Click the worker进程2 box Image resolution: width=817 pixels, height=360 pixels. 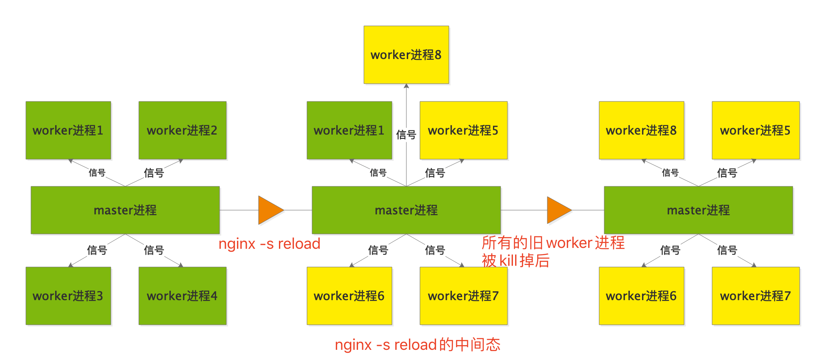[x=182, y=130]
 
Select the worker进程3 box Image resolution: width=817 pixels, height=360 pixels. [x=68, y=295]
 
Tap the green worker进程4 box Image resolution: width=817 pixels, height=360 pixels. [x=182, y=295]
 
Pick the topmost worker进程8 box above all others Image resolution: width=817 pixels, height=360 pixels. [x=406, y=55]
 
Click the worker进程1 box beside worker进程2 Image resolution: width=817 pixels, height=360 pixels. [x=68, y=130]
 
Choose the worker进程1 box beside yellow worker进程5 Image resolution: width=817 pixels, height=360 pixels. [x=349, y=130]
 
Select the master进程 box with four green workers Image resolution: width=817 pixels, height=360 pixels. [x=125, y=210]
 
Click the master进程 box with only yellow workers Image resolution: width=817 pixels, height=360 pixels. [x=698, y=210]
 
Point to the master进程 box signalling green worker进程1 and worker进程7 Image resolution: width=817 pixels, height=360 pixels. [x=406, y=210]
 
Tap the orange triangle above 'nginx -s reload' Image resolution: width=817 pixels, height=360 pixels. [x=270, y=210]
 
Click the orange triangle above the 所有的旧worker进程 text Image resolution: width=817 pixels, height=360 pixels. [x=558, y=210]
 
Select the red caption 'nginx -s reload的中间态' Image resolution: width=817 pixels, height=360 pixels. [x=417, y=344]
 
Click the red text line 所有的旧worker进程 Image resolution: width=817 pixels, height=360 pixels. [x=553, y=242]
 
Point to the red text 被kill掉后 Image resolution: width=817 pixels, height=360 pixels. [x=516, y=260]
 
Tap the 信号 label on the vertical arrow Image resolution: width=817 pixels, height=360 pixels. [x=406, y=135]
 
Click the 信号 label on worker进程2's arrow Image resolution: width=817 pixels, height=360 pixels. [x=154, y=173]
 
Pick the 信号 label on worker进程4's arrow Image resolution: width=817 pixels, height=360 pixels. [x=154, y=250]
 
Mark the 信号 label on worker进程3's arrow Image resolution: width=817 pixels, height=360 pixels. [x=97, y=250]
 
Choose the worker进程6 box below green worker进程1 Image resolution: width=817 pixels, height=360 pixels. [x=349, y=295]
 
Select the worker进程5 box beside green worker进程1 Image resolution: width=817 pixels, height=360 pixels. [x=463, y=130]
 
